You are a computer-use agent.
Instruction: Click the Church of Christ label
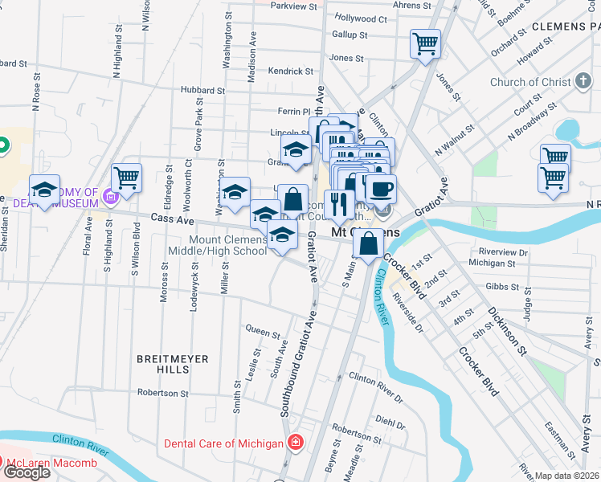[x=530, y=82]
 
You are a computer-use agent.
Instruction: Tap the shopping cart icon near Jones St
[x=425, y=43]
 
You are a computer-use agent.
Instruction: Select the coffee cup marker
[x=381, y=189]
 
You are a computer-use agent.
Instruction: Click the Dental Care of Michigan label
[x=223, y=443]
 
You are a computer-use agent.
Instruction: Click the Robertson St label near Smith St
[x=163, y=394]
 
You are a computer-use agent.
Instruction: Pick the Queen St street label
[x=263, y=330]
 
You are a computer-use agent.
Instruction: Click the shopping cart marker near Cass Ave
[x=127, y=178]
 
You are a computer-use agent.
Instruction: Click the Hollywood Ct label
[x=361, y=18]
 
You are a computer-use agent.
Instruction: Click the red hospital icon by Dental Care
[x=296, y=443]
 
